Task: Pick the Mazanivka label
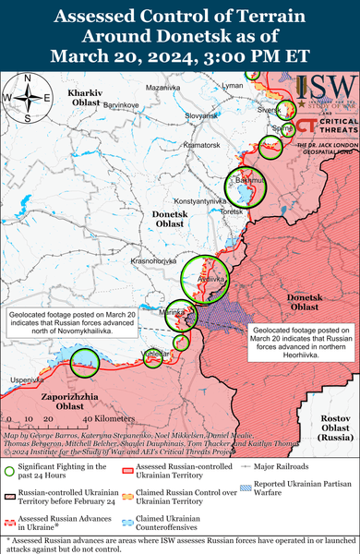click(162, 87)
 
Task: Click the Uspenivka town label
click(27, 379)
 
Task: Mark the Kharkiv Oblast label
click(90, 100)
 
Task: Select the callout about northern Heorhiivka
click(298, 339)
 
